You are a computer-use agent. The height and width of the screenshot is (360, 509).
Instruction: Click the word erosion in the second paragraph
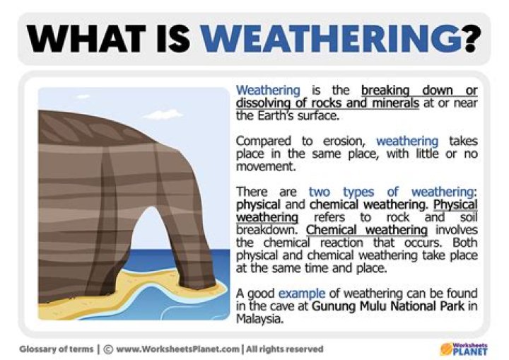pos(341,141)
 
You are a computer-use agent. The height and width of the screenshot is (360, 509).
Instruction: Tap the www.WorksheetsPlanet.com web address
pos(176,349)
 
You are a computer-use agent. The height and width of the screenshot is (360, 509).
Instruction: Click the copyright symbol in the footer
pos(109,349)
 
